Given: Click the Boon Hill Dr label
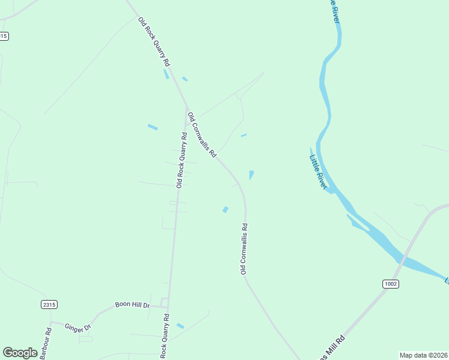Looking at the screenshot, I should pos(132,305).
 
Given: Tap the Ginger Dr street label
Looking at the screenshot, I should pos(77,327).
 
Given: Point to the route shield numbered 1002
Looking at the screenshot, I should pos(390,283).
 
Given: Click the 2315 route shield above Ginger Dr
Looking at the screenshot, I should pos(49,305).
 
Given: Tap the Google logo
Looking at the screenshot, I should pos(20,353).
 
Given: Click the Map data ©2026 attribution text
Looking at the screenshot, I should pos(423,355).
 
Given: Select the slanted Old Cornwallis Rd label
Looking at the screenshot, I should pos(202,134).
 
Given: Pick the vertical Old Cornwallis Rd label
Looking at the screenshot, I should pos(244,249).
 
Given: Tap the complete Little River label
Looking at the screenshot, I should pos(318,173).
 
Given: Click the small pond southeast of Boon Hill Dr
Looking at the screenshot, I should pos(180,326).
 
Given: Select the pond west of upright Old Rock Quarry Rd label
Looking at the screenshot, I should pos(152,127).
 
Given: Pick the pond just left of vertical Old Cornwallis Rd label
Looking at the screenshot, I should pos(225,209).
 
